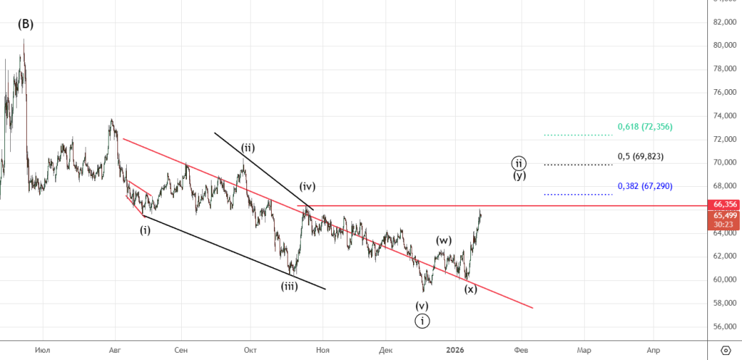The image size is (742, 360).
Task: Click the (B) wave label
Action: tap(25, 24)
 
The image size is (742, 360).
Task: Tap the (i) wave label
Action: tap(146, 230)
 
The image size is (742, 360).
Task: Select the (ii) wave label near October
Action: tap(248, 148)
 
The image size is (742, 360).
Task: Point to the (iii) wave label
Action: tap(289, 285)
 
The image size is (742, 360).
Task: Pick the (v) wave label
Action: tap(422, 305)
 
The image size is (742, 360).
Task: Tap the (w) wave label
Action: tap(444, 239)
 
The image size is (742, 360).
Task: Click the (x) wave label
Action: tap(470, 289)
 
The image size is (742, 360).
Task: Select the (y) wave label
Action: tap(520, 175)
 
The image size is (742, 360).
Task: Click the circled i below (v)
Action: tap(422, 321)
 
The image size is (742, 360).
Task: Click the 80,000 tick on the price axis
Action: tap(725, 45)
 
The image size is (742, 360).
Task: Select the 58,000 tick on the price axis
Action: tap(725, 303)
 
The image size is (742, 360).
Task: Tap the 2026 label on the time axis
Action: tap(456, 349)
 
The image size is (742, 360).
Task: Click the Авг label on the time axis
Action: tap(114, 349)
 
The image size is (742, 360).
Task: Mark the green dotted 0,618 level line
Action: tap(578, 135)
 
